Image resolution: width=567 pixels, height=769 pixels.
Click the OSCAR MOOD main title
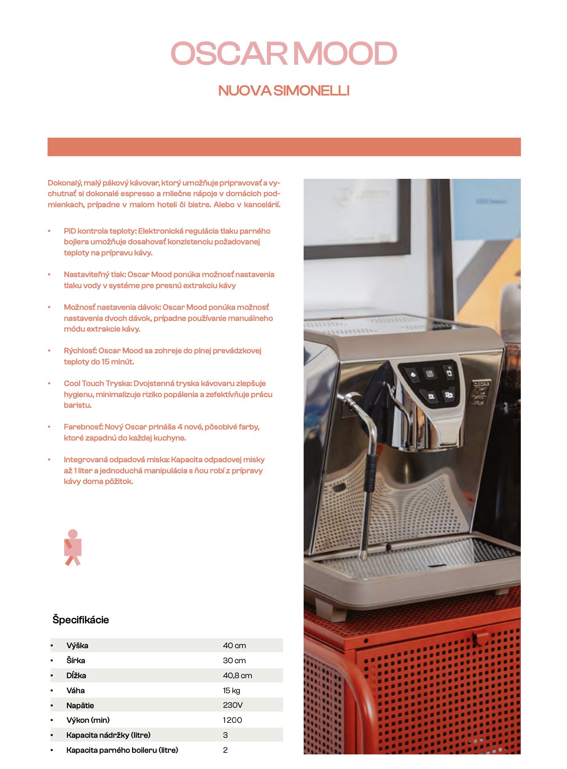pos(283,54)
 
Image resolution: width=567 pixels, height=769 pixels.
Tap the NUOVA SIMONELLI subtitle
pos(283,91)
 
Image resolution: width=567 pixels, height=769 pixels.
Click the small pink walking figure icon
pos(73,547)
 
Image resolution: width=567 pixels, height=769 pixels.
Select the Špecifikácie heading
pos(81,619)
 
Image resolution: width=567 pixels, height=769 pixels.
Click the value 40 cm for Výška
pos(234,645)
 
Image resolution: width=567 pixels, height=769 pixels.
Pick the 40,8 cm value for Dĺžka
pos(237,675)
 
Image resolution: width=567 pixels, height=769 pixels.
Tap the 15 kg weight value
pos(231,690)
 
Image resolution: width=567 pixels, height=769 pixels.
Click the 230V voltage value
pos(233,705)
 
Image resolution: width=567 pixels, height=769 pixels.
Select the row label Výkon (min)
pos(88,720)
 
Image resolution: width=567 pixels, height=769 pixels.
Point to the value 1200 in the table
pos(232,720)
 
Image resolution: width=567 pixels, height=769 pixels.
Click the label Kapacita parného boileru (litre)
pos(122,750)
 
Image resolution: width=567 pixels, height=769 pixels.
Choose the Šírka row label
pos(76,660)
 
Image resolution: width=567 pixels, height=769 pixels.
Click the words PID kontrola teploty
pos(100,231)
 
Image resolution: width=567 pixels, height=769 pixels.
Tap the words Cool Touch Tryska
pos(98,383)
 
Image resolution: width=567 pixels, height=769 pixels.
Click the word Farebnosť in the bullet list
pos(83,427)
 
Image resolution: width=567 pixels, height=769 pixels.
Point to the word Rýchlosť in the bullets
pos(80,351)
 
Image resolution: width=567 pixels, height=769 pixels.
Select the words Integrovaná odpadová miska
pos(116,460)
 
